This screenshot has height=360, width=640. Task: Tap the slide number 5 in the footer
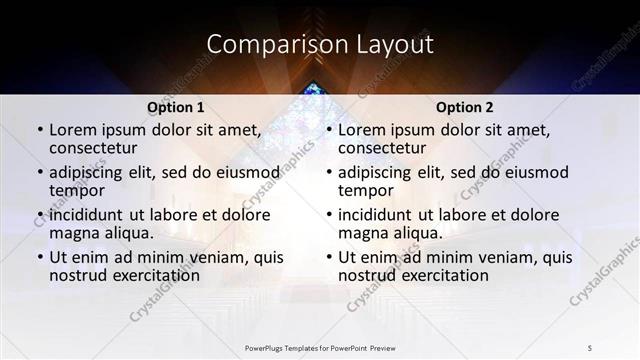pyautogui.click(x=590, y=347)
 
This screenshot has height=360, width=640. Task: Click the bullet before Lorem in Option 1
pyautogui.click(x=39, y=130)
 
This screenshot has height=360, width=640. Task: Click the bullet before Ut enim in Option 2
pyautogui.click(x=328, y=257)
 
